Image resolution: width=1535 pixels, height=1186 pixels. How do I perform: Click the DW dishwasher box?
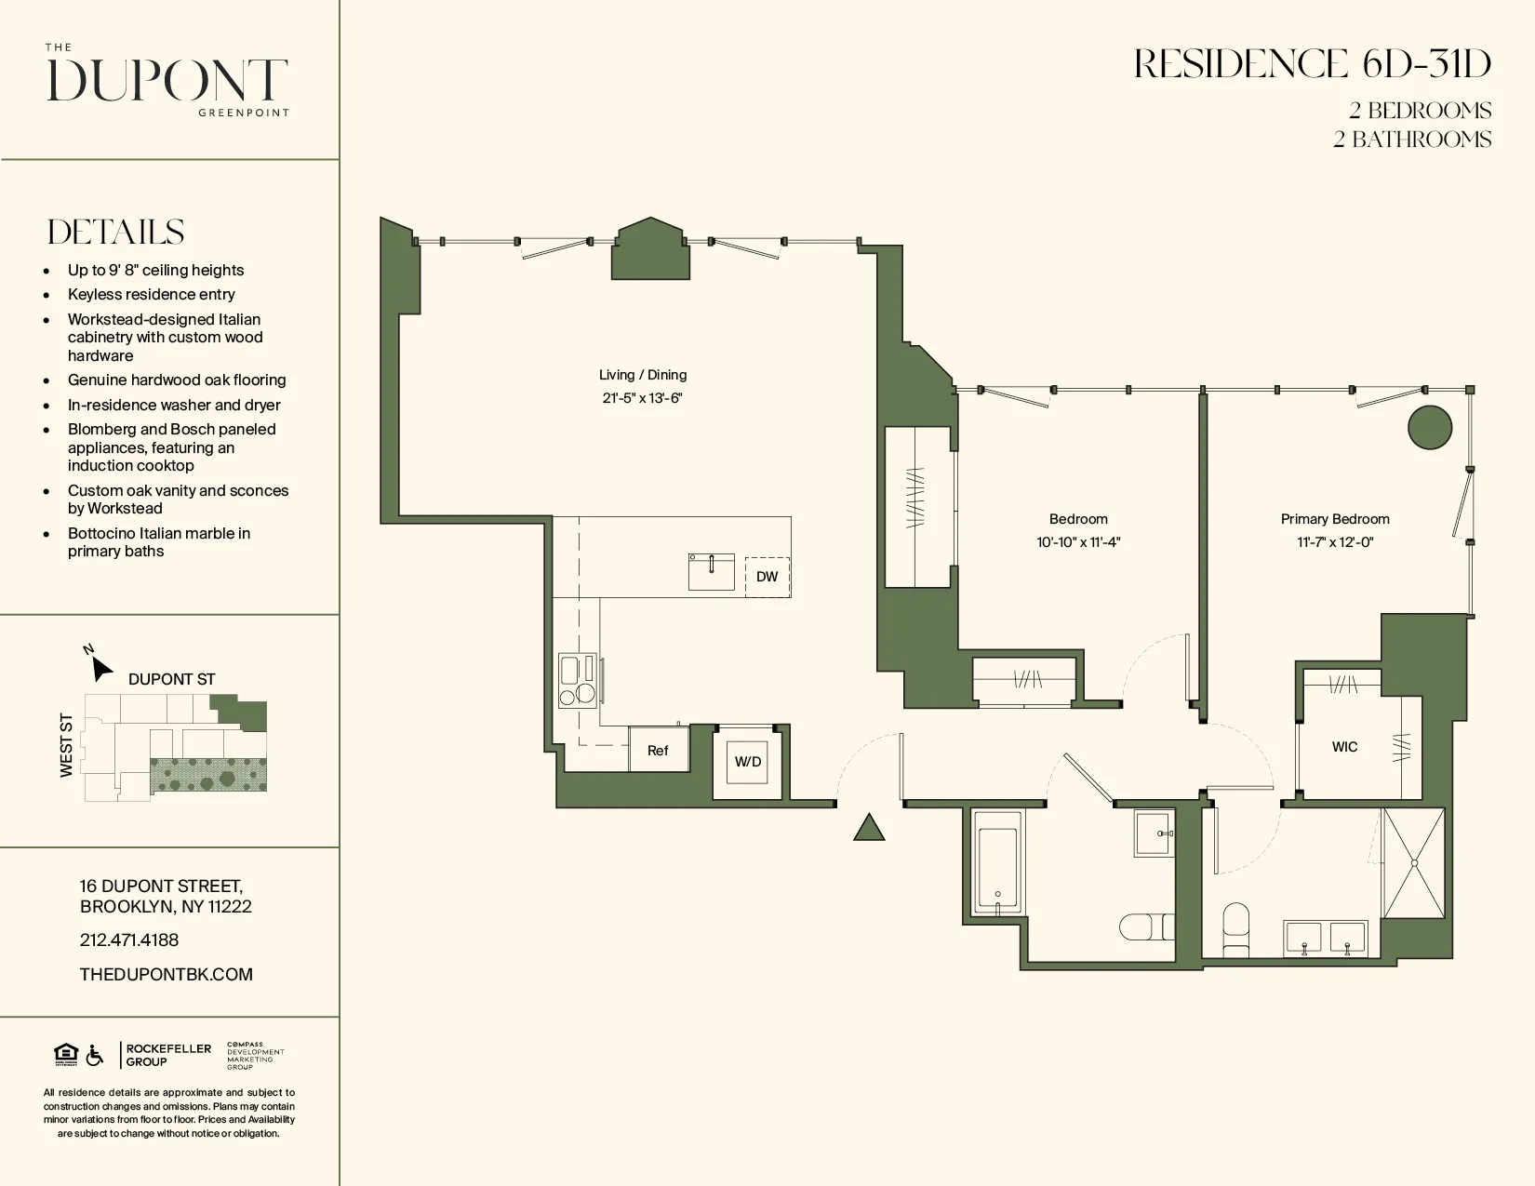tap(767, 577)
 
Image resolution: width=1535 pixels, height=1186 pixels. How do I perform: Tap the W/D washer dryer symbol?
tap(748, 762)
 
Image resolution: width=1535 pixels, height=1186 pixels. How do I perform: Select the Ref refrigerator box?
tap(658, 751)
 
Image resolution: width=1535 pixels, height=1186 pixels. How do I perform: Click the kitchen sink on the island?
tap(711, 572)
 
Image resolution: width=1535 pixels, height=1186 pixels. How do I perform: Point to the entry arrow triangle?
tap(869, 828)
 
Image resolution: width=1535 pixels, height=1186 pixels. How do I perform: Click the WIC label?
tap(1344, 747)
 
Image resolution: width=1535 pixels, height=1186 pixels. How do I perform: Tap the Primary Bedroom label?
tap(1334, 519)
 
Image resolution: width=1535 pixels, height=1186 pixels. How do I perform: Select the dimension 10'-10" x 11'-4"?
tap(1078, 542)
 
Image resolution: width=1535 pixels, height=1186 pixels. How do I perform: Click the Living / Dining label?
tap(642, 375)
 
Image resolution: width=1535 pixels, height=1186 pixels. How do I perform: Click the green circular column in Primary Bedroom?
tap(1430, 428)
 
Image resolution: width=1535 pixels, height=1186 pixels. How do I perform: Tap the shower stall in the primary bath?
tap(1413, 863)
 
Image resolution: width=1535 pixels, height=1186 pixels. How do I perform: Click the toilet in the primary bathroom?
tap(1235, 929)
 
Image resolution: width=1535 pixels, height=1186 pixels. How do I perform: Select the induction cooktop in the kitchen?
tap(577, 681)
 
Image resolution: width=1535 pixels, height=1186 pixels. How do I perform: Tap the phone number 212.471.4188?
tap(129, 940)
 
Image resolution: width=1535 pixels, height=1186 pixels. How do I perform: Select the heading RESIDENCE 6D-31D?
tap(1312, 64)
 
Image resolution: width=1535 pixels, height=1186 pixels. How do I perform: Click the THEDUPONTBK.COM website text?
tap(167, 975)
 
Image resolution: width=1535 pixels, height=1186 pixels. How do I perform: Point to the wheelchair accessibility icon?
tap(95, 1055)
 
